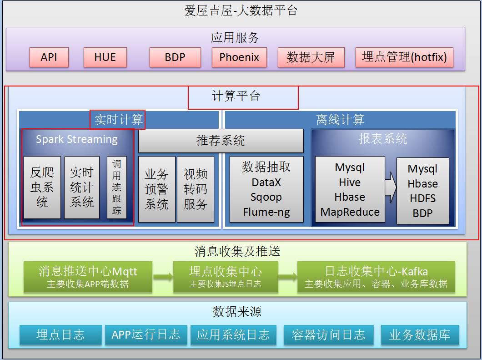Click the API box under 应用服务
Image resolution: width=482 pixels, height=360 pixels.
point(49,57)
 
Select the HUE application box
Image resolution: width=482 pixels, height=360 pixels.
point(105,57)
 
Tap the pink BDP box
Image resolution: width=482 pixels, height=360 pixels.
point(175,57)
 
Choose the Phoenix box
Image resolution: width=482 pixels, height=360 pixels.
point(239,57)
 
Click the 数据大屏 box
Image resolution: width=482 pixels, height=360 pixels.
point(311,57)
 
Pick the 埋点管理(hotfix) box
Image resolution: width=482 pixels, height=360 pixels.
point(404,57)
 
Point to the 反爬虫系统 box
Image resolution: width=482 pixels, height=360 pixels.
point(42,187)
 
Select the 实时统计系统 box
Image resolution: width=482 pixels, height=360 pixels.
point(82,187)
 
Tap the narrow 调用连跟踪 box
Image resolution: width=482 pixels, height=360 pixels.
point(117,187)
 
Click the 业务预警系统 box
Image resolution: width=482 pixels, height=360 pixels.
point(156,189)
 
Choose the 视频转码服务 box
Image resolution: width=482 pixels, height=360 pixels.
point(196,189)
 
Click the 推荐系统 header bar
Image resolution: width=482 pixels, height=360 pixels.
point(221,141)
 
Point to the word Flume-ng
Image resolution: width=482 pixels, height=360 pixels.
point(266,212)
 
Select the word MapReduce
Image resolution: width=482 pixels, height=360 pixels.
point(350,212)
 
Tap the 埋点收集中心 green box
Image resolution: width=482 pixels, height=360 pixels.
point(226,277)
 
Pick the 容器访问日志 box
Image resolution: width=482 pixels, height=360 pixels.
point(328,335)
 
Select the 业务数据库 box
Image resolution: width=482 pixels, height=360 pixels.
point(420,335)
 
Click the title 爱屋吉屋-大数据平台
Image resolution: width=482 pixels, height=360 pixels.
point(241,10)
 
